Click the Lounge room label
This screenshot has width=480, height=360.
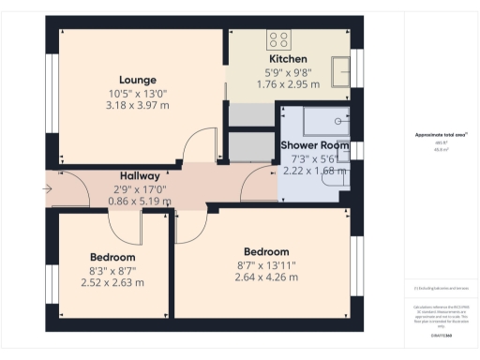point(137,80)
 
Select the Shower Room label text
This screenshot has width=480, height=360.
point(314,145)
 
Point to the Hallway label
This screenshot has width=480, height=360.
point(139,175)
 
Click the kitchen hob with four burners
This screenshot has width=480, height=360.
point(278,39)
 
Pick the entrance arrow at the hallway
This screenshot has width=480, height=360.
point(48,190)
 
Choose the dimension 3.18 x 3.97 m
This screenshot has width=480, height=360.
point(137,106)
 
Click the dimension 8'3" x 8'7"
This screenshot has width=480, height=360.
point(112,270)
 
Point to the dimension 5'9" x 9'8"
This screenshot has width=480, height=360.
point(287,71)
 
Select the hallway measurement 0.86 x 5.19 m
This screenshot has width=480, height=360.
point(139,201)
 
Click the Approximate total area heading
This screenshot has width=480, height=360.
point(441,134)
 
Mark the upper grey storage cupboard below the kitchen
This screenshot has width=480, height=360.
point(249,114)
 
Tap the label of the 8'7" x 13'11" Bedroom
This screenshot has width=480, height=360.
point(266,251)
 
